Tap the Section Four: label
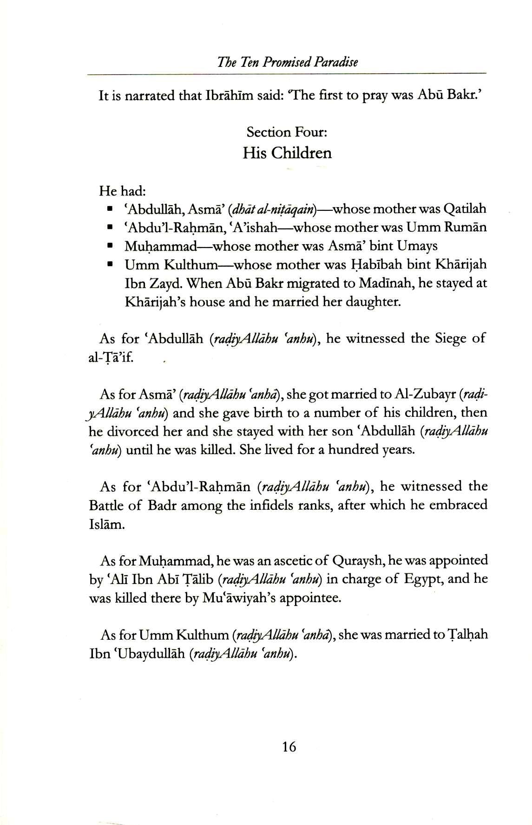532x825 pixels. (287, 132)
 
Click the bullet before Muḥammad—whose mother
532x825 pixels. (110, 246)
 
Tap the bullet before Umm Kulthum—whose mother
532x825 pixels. (110, 265)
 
